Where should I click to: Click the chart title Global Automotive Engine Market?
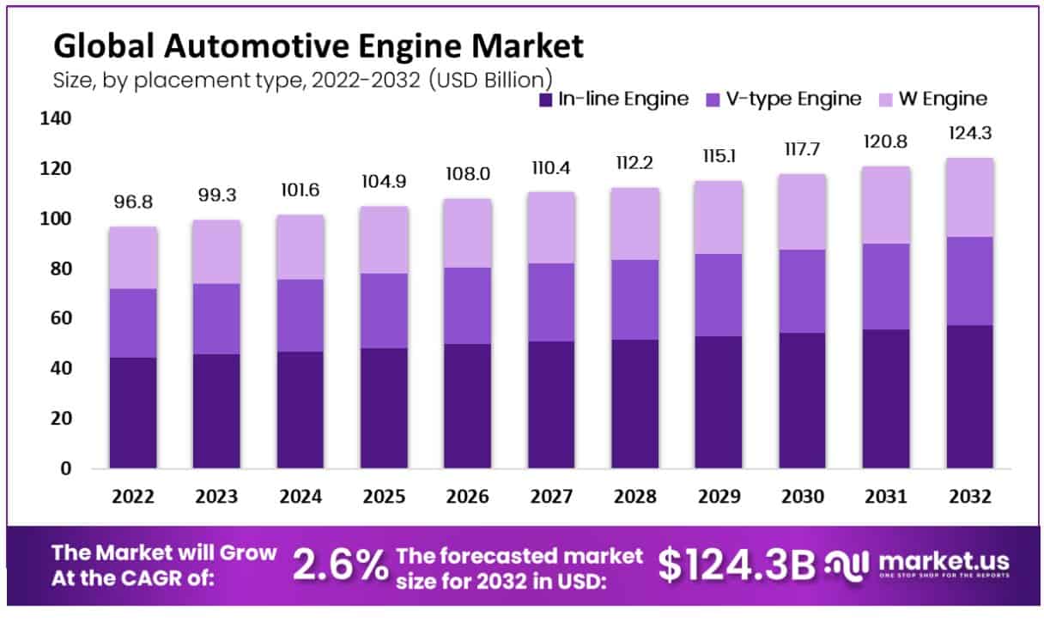[x=319, y=45]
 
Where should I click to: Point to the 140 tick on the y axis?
[x=53, y=118]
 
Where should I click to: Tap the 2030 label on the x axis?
[x=803, y=498]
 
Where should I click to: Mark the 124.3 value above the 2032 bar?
[x=970, y=135]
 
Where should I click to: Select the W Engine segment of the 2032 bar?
[x=970, y=197]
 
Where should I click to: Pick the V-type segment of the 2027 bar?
[x=551, y=302]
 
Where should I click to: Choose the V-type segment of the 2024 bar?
[x=300, y=315]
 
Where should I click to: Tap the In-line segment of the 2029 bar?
[x=719, y=402]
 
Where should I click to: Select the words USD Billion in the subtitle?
[x=492, y=80]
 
